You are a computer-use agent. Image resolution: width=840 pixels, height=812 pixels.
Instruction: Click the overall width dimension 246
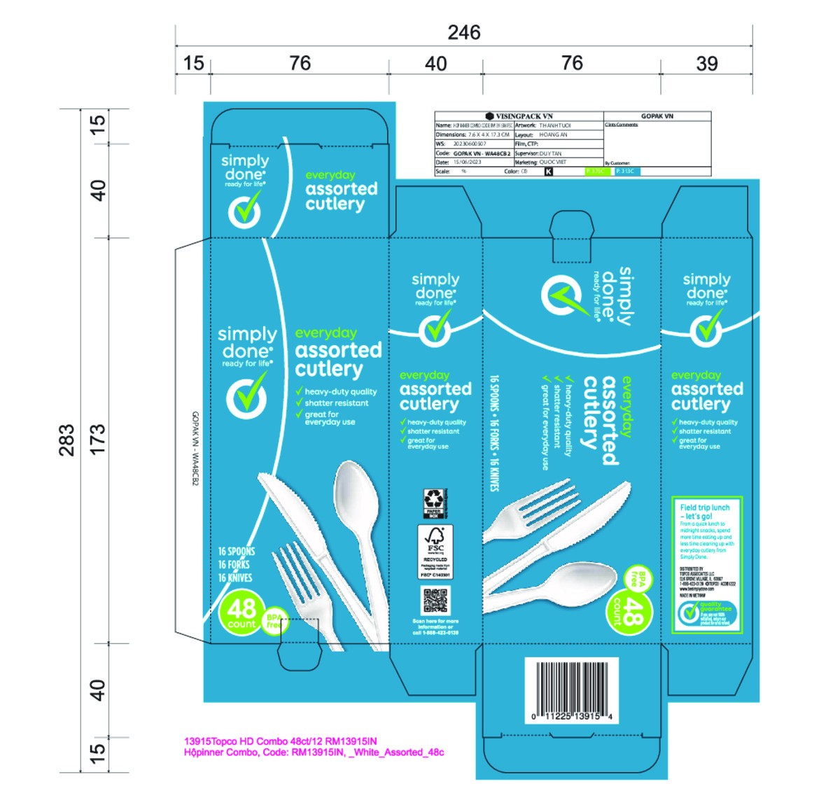click(x=464, y=33)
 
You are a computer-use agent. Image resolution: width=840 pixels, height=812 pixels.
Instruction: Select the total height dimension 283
click(x=66, y=440)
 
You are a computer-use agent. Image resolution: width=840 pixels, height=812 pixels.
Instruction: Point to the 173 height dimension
click(x=97, y=439)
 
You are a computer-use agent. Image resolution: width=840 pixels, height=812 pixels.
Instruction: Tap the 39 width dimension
click(x=706, y=64)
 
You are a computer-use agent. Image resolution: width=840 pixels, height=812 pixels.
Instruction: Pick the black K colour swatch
click(x=548, y=171)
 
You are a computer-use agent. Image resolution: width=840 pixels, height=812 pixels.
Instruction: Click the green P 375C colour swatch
click(x=596, y=171)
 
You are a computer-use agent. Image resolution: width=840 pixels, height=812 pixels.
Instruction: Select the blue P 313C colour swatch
click(x=625, y=171)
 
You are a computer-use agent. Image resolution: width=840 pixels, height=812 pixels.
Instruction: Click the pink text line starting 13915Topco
click(x=280, y=741)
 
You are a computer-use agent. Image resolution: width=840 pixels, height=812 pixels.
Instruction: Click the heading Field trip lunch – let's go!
click(x=705, y=512)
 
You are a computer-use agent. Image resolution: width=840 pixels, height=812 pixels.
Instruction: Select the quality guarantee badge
click(x=706, y=614)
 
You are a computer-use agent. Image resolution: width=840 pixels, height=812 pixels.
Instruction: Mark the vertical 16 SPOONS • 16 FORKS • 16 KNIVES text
click(x=494, y=433)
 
